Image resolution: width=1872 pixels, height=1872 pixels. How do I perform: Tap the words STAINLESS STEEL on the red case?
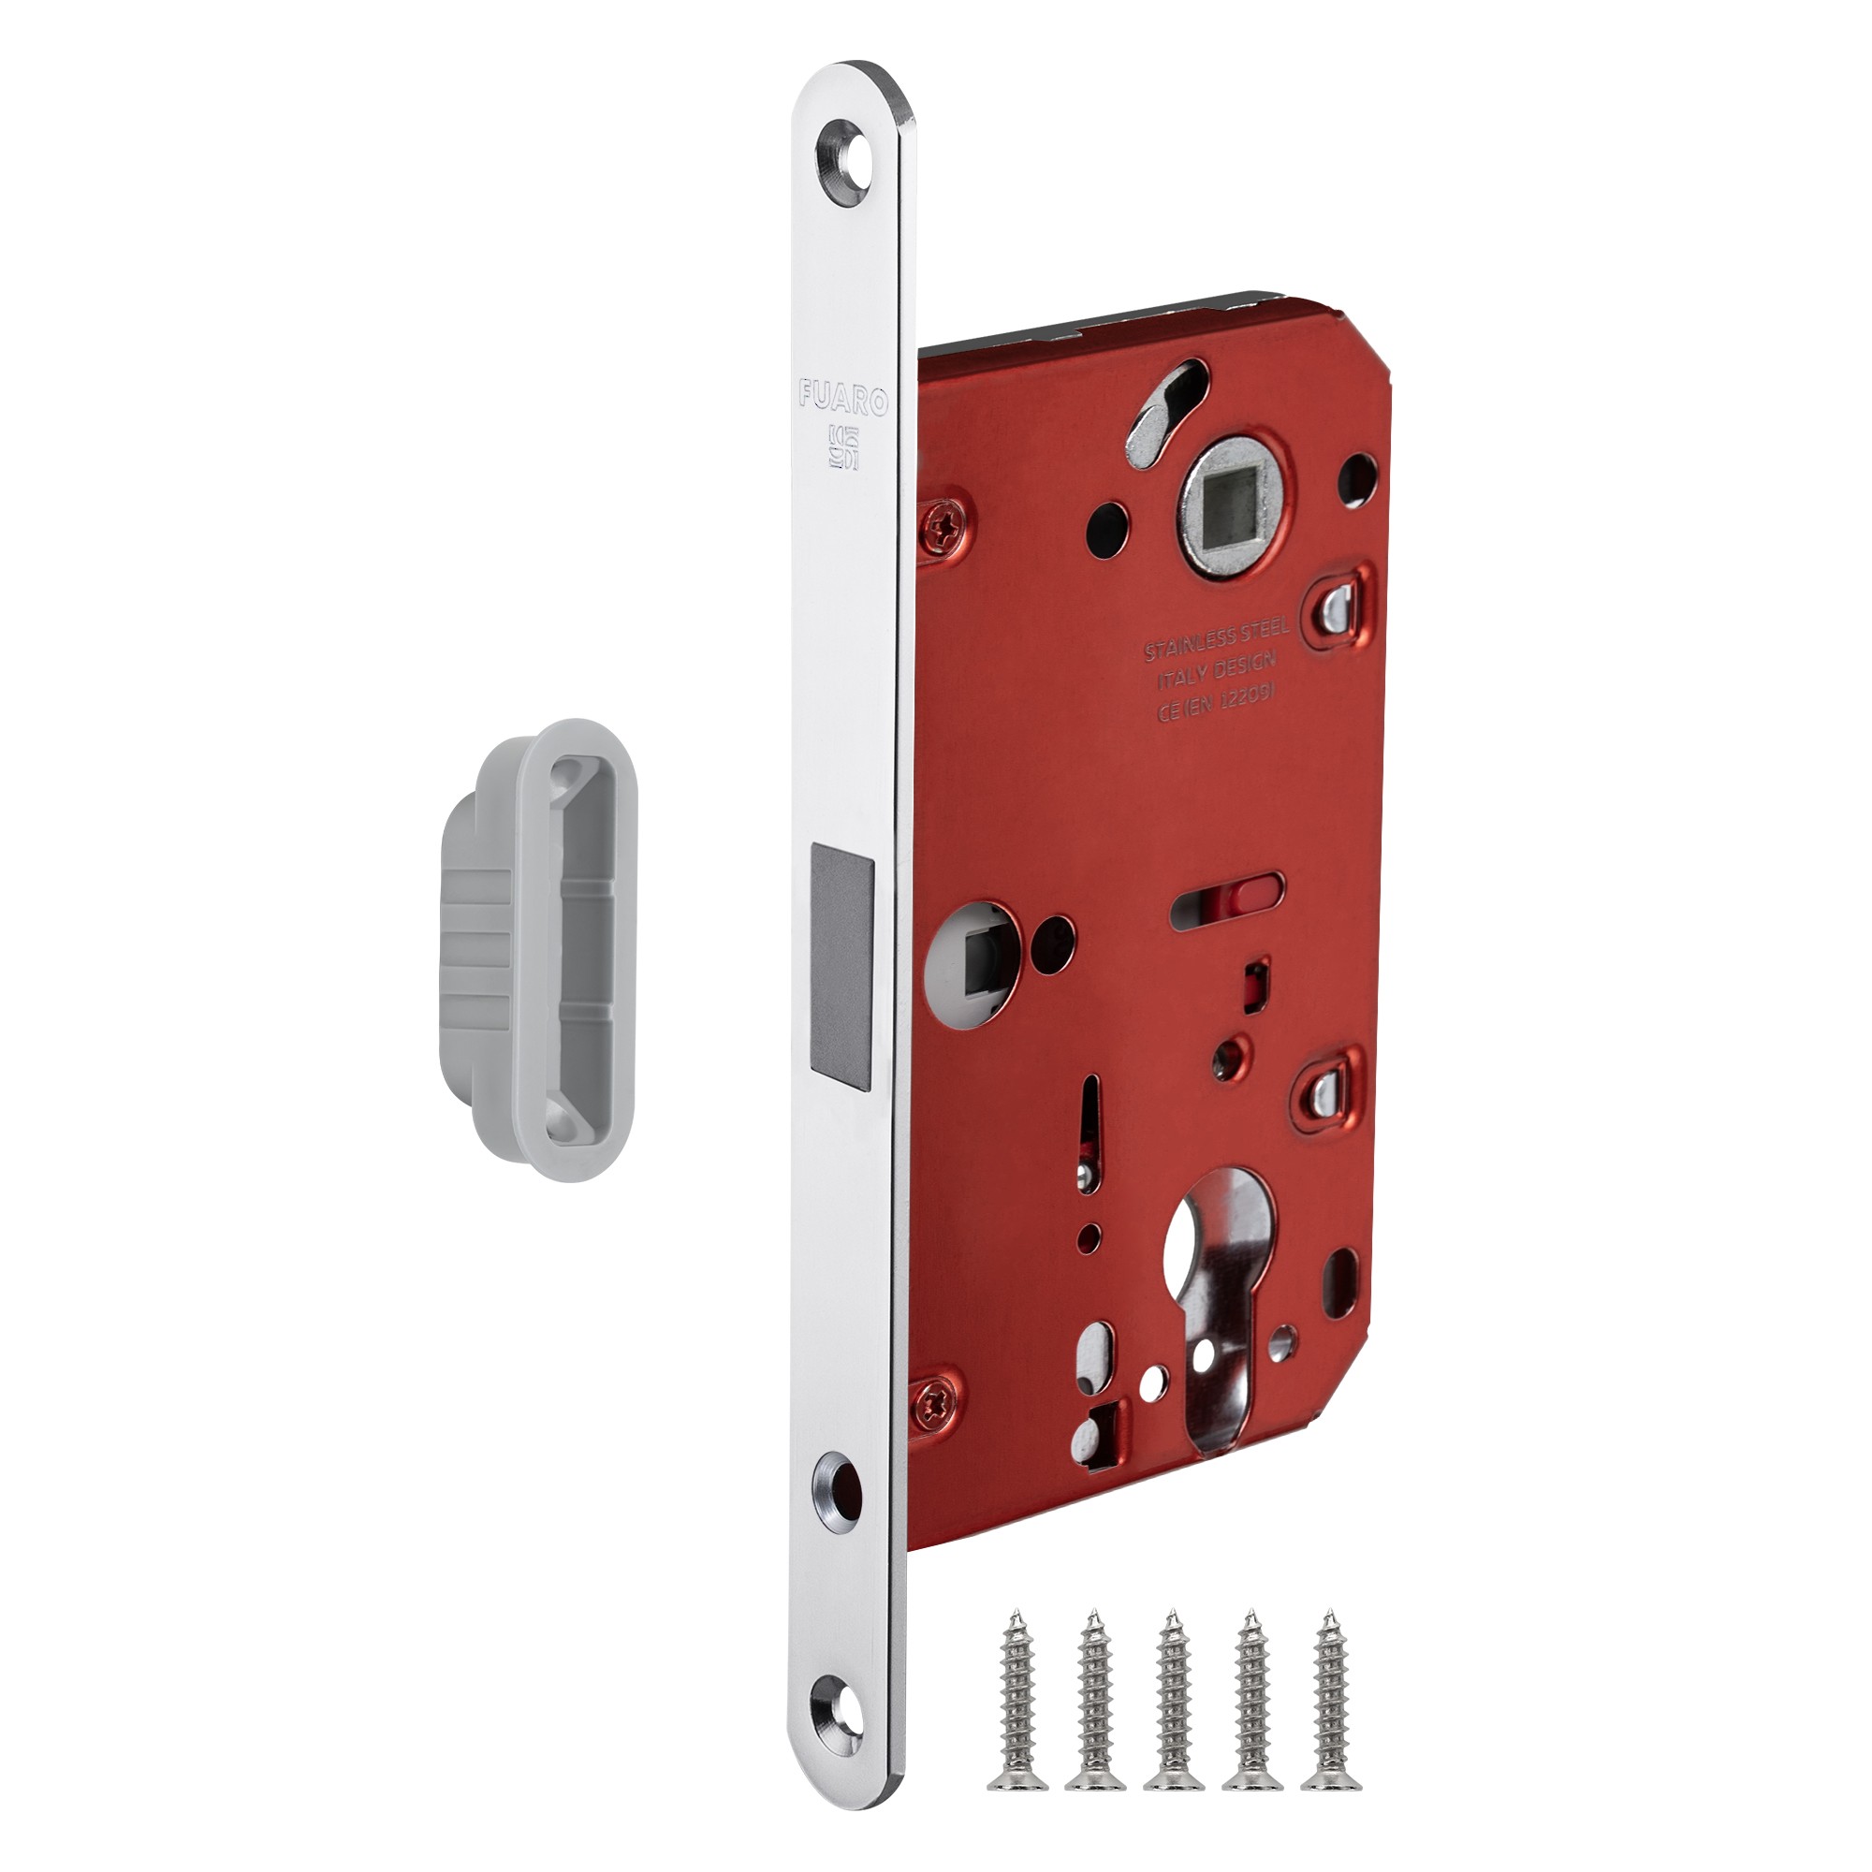pos(1216,639)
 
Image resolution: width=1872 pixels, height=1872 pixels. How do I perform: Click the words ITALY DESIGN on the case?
pos(1217,666)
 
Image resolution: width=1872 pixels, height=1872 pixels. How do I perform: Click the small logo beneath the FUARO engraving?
pos(842,446)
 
